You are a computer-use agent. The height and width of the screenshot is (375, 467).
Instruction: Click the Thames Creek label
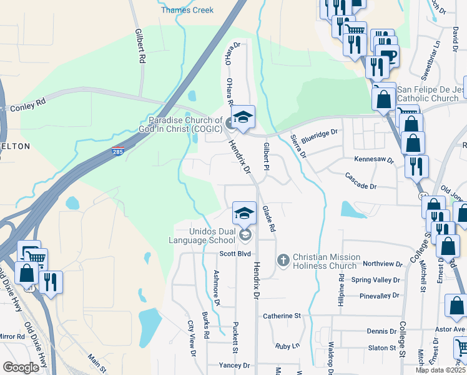[x=187, y=10]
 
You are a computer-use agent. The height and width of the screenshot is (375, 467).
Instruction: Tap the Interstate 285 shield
[x=118, y=151]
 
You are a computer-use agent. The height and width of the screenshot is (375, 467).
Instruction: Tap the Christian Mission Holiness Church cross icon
[x=283, y=259]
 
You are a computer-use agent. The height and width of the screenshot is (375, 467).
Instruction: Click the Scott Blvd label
[x=235, y=254]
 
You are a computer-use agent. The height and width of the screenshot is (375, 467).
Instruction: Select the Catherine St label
[x=282, y=316]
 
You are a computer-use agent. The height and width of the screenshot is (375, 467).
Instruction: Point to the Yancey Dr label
[x=234, y=365]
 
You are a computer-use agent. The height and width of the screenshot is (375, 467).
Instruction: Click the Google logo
[x=21, y=367]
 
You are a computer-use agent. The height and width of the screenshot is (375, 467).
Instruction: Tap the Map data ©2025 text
[x=440, y=370]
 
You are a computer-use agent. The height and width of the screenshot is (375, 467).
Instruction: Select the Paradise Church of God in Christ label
[x=185, y=124]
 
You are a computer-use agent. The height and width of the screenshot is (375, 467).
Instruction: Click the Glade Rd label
[x=268, y=219]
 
